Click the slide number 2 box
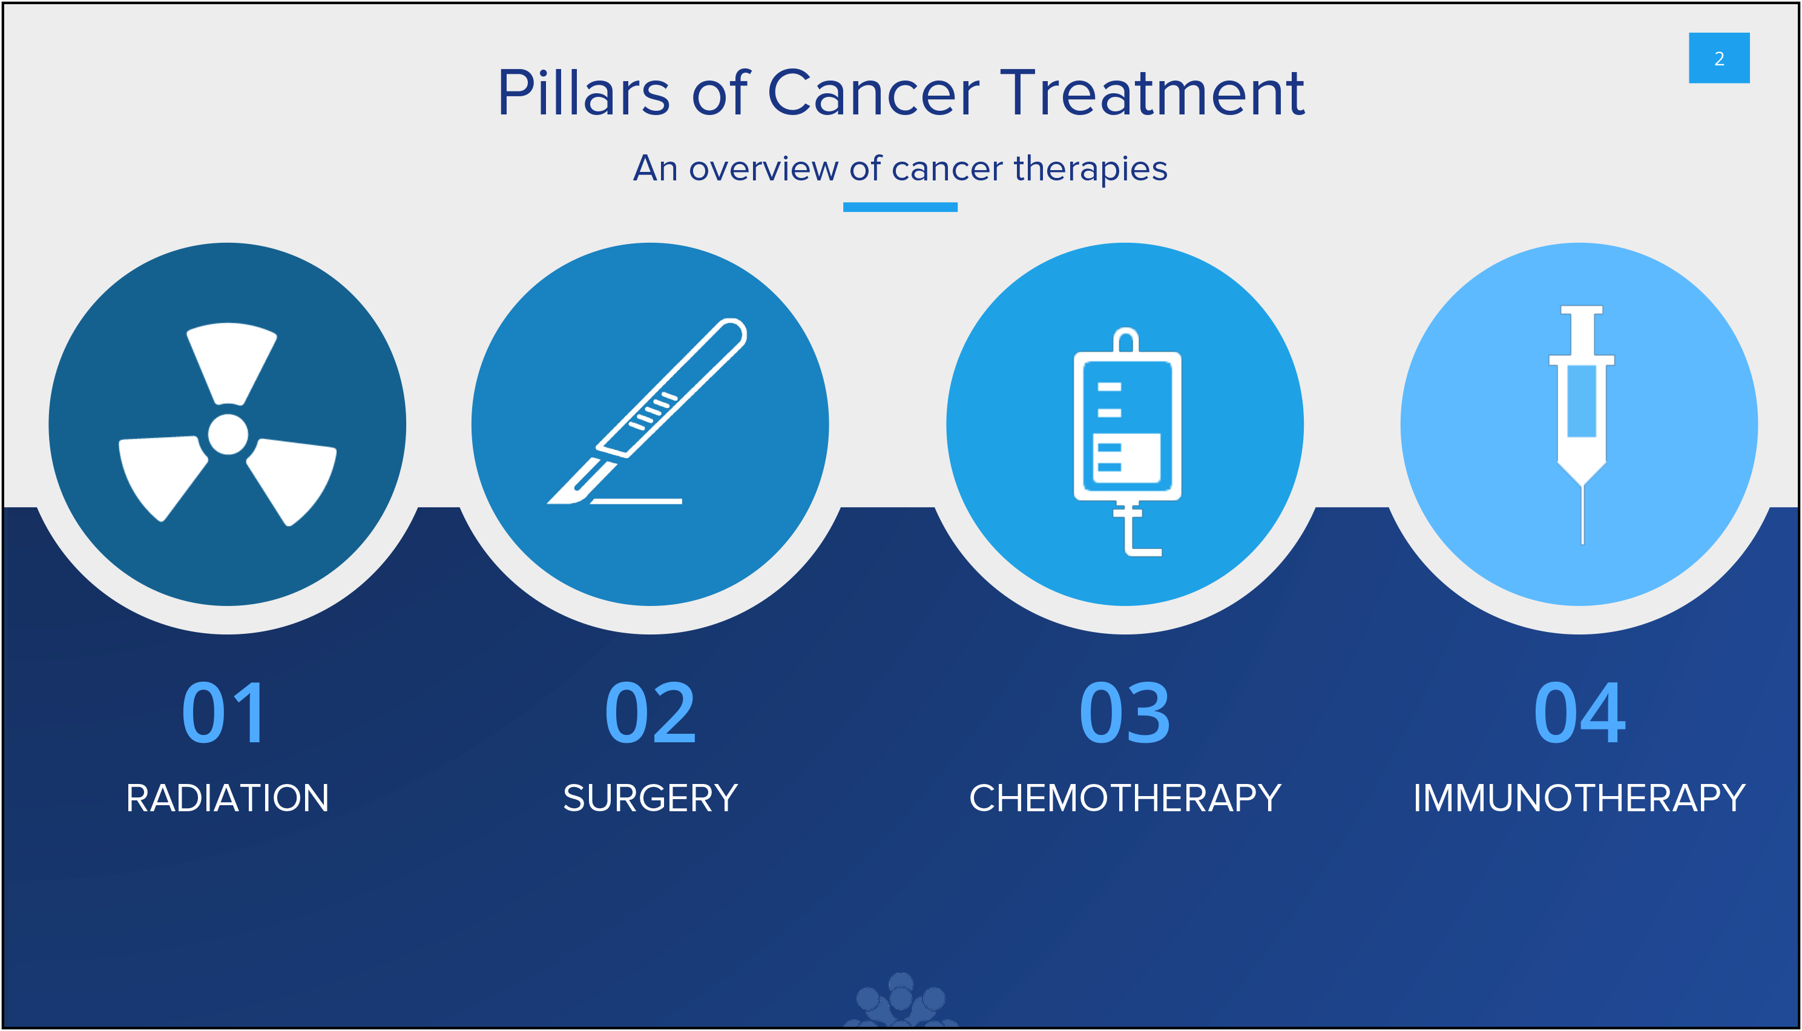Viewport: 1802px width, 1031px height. [1718, 58]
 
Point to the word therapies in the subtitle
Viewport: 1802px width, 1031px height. [1090, 170]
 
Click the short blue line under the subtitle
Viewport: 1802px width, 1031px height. [899, 207]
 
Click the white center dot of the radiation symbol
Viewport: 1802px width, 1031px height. [228, 434]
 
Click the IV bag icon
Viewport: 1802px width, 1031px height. [1127, 442]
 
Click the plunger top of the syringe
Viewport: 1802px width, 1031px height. [1582, 310]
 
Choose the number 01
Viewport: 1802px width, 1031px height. [225, 713]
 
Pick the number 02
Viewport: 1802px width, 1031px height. [649, 713]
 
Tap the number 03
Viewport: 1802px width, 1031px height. [1125, 713]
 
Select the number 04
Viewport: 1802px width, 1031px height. [1579, 713]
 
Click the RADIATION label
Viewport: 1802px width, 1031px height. [227, 798]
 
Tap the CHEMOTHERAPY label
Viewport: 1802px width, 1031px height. [1125, 798]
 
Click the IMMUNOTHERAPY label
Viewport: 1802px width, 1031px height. [1579, 798]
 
